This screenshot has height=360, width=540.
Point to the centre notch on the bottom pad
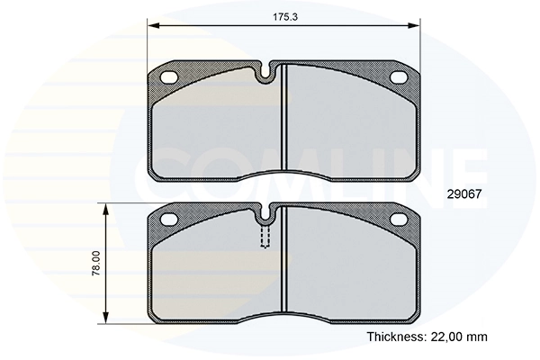[x=265, y=212]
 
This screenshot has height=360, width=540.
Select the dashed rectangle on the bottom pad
[x=265, y=236]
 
